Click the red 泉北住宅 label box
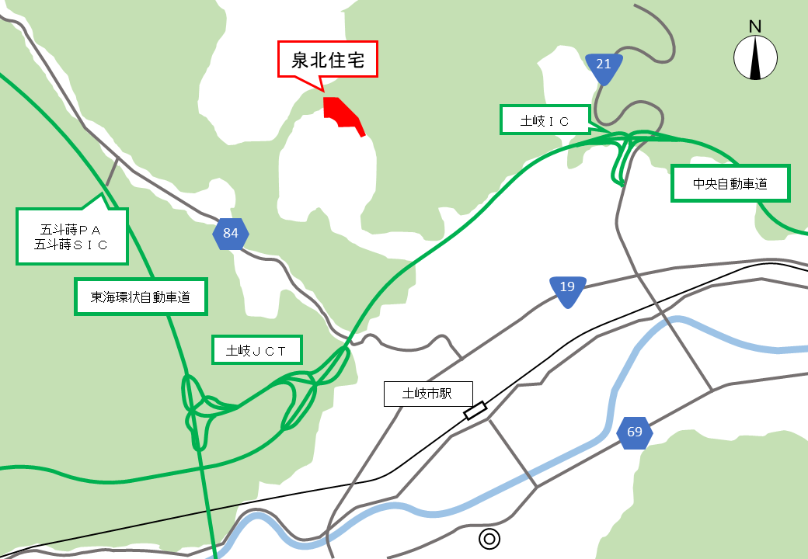coord(328,59)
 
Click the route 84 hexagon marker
coord(231,234)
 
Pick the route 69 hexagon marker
coord(635,432)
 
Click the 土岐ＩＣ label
coord(545,120)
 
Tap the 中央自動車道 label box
coord(730,184)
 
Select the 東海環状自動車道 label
coord(141,297)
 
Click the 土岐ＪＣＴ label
coord(256,350)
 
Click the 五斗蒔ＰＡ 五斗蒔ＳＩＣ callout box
coord(71,237)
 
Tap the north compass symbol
coord(756,57)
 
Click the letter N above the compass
coord(755,26)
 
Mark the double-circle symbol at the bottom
coord(489,538)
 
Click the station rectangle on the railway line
coord(475,411)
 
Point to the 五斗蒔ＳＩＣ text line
coord(71,245)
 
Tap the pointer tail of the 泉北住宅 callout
coord(320,84)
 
